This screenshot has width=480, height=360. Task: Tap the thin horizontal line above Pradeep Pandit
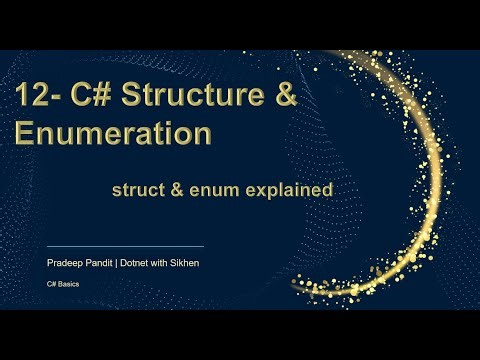pyautogui.click(x=126, y=245)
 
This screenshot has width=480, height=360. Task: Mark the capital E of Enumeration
pyautogui.click(x=23, y=134)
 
